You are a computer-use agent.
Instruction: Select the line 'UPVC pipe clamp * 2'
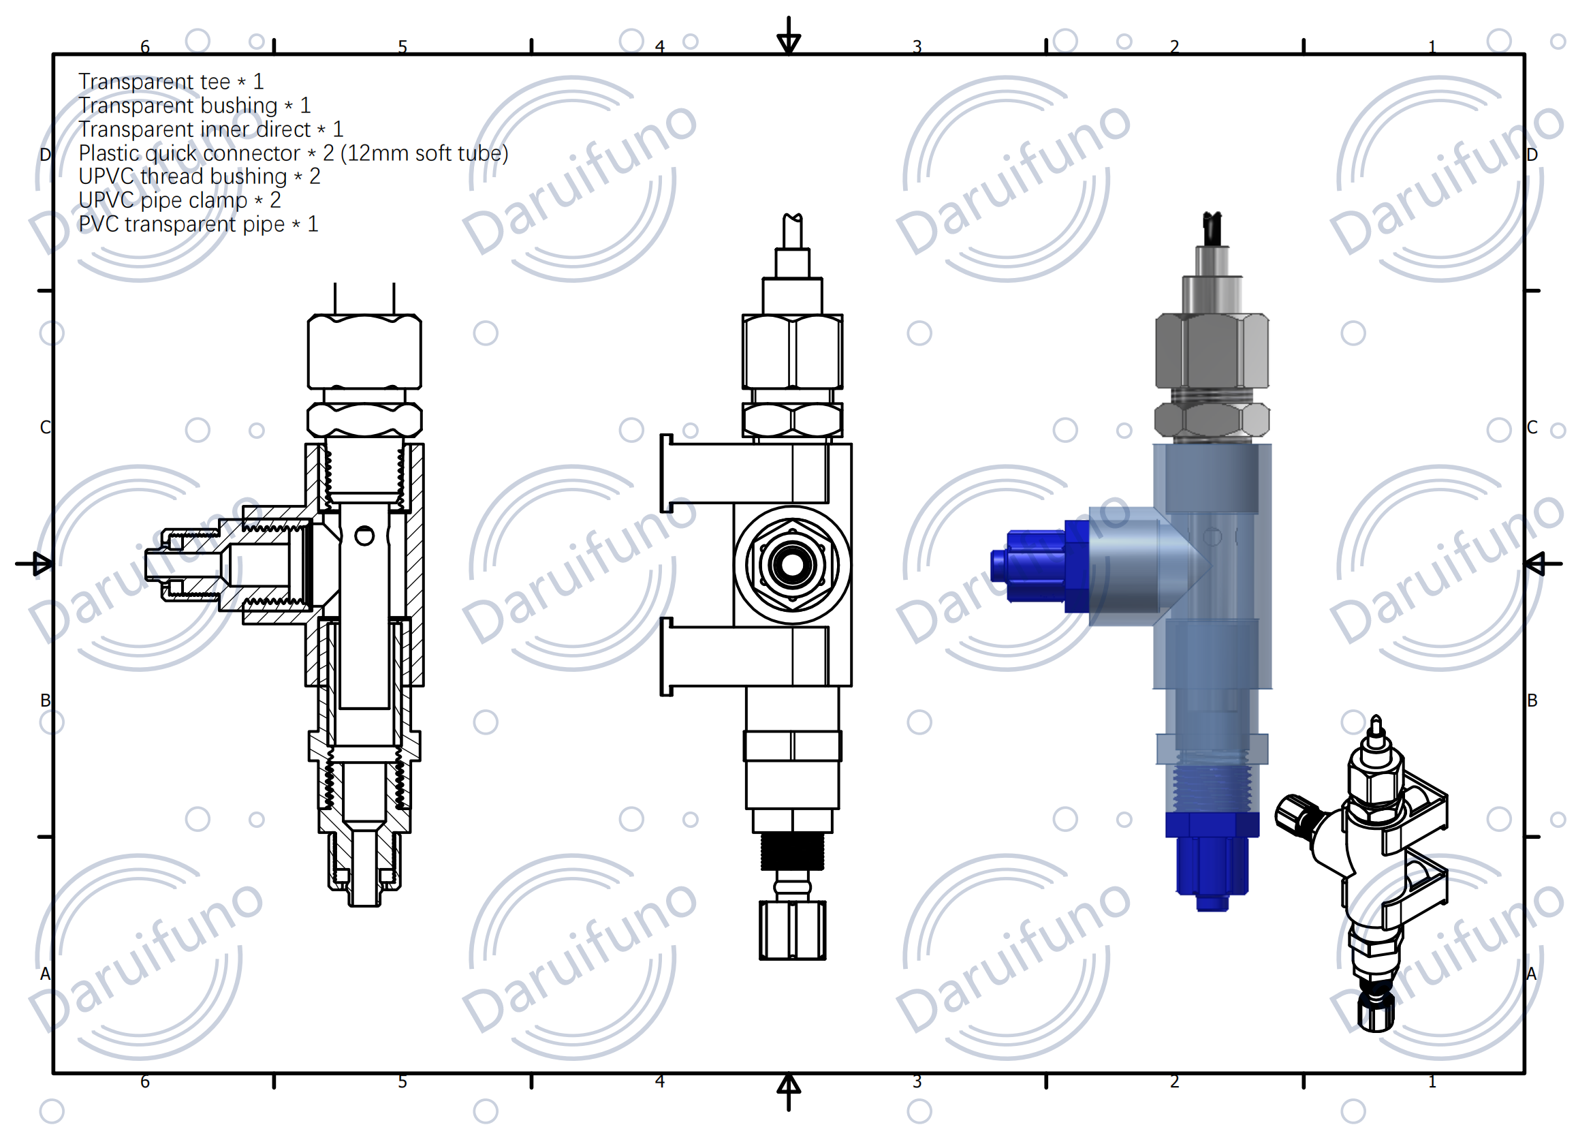179,200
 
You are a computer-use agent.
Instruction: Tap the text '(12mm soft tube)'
424,153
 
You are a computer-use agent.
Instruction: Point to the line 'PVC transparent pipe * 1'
198,225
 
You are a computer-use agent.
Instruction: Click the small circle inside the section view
364,536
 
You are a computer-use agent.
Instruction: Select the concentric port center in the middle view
792,565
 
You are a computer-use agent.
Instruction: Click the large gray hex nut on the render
1212,351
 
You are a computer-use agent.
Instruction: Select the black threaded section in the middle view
792,851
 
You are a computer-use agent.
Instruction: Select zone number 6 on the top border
145,47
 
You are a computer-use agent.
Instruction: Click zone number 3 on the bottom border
917,1082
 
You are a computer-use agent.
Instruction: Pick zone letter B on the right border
1532,700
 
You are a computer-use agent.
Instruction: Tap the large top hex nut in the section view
364,352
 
